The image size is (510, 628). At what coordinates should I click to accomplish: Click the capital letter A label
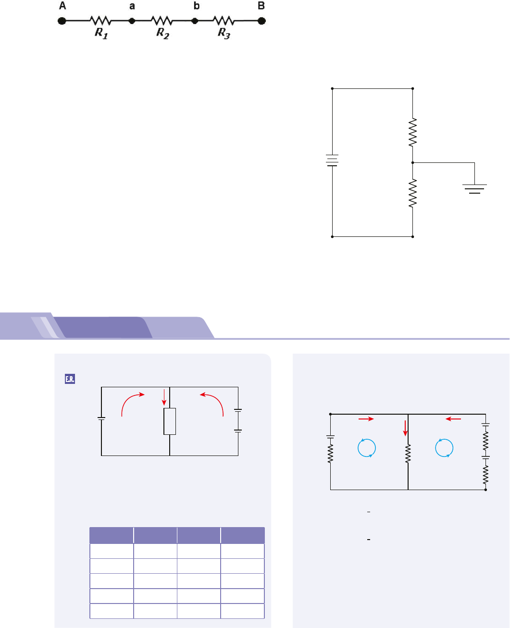click(x=62, y=6)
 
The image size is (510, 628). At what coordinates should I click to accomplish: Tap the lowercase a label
click(x=132, y=7)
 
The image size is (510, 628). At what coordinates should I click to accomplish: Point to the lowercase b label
click(x=196, y=6)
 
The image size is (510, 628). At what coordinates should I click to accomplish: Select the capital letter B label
click(x=261, y=6)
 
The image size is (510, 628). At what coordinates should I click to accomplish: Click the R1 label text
click(x=101, y=33)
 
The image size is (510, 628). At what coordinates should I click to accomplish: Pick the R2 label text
click(x=163, y=33)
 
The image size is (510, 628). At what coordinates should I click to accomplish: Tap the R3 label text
click(x=224, y=33)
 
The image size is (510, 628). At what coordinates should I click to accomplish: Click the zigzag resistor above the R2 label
click(x=162, y=21)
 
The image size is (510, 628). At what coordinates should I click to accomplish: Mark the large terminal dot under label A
click(x=62, y=21)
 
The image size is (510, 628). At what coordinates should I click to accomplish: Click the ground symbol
click(x=474, y=188)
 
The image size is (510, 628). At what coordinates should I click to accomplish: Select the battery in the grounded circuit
click(x=332, y=160)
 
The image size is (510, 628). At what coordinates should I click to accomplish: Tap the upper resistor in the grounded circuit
click(x=413, y=133)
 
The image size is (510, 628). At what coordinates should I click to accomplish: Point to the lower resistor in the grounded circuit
click(x=413, y=194)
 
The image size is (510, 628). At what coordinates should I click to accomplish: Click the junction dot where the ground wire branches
click(x=413, y=163)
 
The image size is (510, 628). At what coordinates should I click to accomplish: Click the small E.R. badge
click(x=69, y=366)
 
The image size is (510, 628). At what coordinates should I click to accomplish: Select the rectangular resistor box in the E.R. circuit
click(x=170, y=421)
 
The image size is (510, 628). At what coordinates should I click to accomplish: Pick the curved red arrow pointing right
click(x=132, y=402)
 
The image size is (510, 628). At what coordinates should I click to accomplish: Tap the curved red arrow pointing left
click(x=212, y=402)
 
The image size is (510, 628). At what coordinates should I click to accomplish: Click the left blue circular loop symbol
click(x=367, y=448)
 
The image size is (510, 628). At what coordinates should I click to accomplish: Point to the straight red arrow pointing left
click(x=453, y=419)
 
